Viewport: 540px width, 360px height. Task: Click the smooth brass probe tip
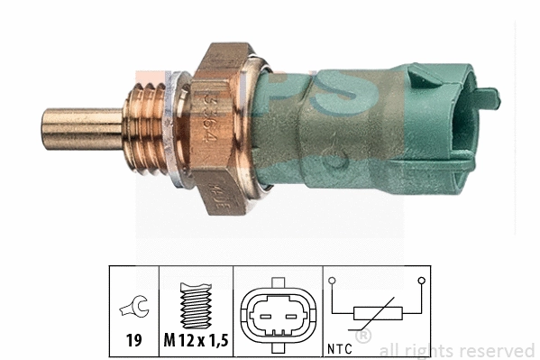tap(81, 129)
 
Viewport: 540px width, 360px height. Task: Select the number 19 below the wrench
tap(133, 342)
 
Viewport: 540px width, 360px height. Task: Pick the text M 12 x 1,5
tap(196, 342)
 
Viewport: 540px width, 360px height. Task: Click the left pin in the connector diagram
tap(270, 315)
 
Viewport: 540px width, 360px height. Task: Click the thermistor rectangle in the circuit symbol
tap(376, 315)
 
